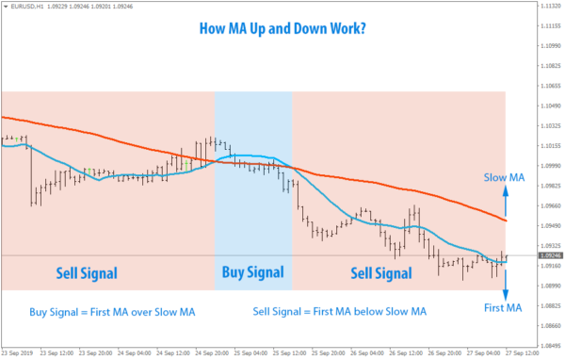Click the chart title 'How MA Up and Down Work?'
282,27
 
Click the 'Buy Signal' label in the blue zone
252,273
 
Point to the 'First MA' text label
503,307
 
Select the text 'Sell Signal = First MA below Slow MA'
340,311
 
